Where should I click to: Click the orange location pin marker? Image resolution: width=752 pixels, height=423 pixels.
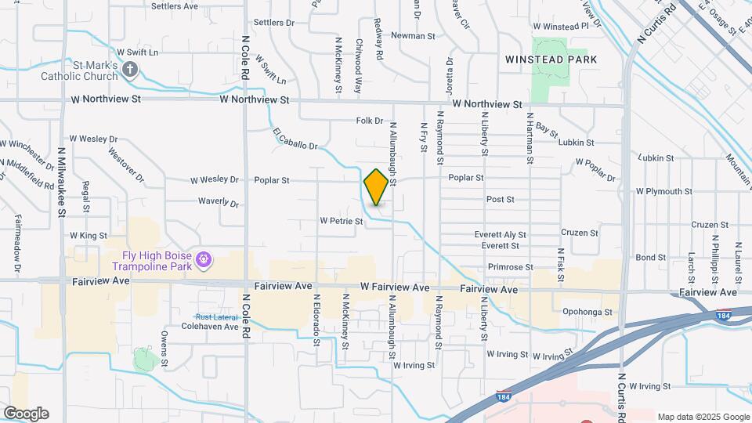pyautogui.click(x=376, y=186)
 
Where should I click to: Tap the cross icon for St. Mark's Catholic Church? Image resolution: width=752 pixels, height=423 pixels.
pyautogui.click(x=130, y=71)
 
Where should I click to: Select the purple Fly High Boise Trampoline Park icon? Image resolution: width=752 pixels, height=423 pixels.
pyautogui.click(x=204, y=258)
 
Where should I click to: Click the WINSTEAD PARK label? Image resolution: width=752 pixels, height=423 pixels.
pyautogui.click(x=551, y=60)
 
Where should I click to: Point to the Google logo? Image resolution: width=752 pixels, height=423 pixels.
pyautogui.click(x=26, y=413)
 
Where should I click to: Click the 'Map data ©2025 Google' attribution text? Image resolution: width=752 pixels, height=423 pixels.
pyautogui.click(x=703, y=417)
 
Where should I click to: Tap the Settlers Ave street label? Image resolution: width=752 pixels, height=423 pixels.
pyautogui.click(x=175, y=6)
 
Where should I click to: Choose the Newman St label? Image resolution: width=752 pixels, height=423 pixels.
pyautogui.click(x=413, y=36)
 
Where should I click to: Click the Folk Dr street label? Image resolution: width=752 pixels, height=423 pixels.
pyautogui.click(x=369, y=121)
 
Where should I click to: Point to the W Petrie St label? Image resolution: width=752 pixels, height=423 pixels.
pyautogui.click(x=342, y=222)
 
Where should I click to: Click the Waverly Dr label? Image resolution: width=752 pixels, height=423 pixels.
pyautogui.click(x=218, y=202)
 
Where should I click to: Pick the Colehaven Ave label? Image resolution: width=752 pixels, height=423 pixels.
pyautogui.click(x=209, y=326)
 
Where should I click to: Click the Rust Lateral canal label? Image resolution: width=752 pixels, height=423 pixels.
pyautogui.click(x=215, y=316)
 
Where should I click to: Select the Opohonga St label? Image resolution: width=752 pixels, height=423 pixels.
pyautogui.click(x=587, y=312)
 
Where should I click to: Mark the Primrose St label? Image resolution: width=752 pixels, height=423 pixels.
pyautogui.click(x=510, y=267)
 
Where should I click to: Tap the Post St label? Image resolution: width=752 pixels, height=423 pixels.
pyautogui.click(x=500, y=200)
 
